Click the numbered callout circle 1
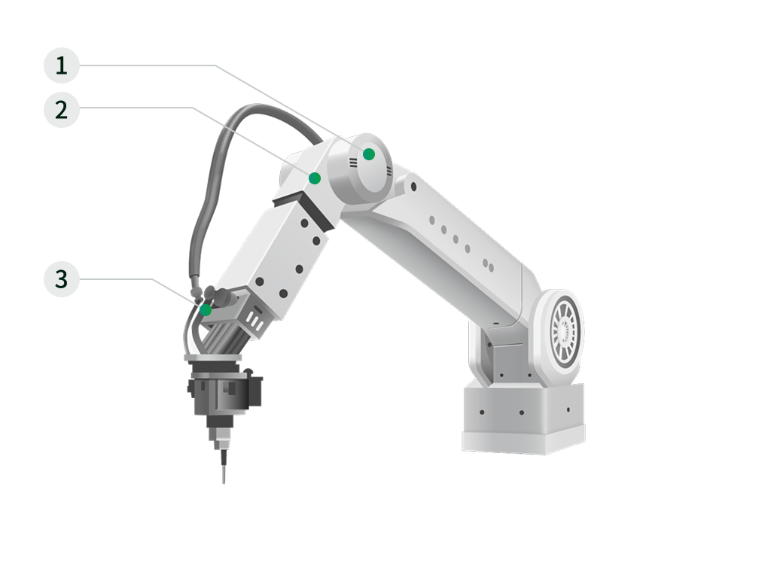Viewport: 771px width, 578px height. pos(62,65)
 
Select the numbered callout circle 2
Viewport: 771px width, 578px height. pos(62,110)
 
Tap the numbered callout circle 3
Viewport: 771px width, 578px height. pos(62,279)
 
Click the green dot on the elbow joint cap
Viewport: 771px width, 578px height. pos(369,154)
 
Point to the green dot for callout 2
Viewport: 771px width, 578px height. pos(315,178)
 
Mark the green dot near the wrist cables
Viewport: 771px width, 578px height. pos(206,310)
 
